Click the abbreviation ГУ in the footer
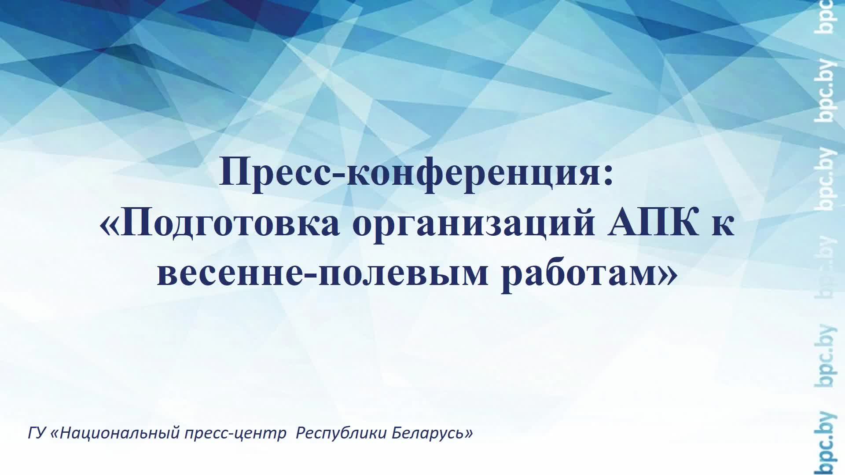pyautogui.click(x=37, y=433)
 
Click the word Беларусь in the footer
pyautogui.click(x=426, y=433)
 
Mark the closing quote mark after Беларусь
pyautogui.click(x=469, y=434)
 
